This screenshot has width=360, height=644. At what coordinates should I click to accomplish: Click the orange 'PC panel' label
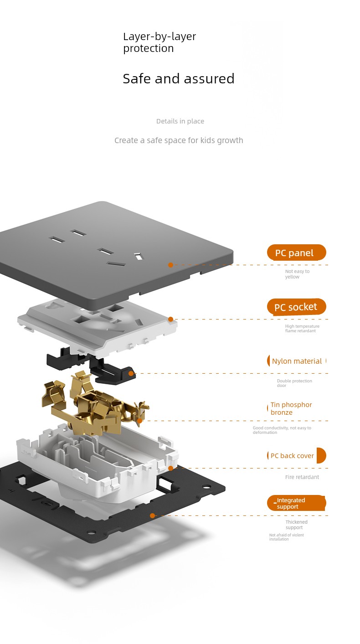297,252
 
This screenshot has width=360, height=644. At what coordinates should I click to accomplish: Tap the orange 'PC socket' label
297,307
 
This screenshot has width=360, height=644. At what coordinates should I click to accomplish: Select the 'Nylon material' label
297,361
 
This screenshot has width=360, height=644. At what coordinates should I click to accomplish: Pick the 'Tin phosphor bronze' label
291,408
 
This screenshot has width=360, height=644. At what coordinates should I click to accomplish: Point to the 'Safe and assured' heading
179,78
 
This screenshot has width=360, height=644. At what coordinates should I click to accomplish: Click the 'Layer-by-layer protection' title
159,42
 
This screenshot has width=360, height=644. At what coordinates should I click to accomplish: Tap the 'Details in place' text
180,121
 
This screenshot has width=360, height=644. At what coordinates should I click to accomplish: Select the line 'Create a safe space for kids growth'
179,140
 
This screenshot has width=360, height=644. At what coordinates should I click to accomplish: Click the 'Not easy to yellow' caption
297,274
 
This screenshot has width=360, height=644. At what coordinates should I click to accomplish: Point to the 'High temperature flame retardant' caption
302,328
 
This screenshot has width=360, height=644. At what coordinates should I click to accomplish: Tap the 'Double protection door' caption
294,383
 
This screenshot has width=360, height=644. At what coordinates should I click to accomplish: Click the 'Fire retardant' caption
302,477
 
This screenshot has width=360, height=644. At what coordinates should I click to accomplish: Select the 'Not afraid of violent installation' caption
286,537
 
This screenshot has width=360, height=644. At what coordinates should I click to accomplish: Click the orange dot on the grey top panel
170,265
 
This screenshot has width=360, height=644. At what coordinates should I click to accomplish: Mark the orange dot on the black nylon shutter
131,373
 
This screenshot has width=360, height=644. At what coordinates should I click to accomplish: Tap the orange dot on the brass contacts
139,421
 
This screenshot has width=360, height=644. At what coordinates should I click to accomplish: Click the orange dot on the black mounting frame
152,516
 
